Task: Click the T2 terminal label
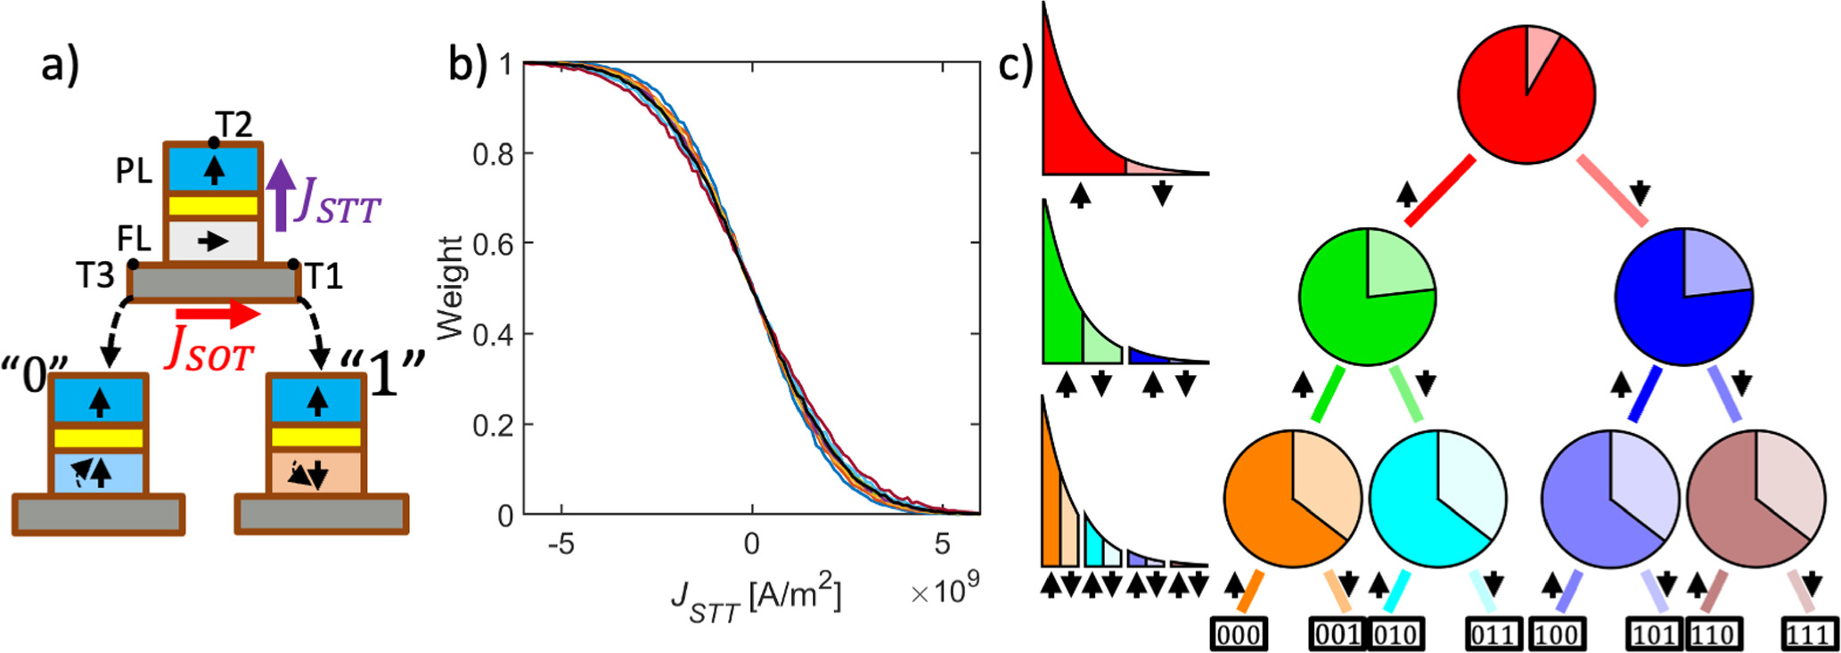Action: click(235, 125)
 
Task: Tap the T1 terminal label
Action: click(323, 277)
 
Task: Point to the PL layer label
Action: click(134, 171)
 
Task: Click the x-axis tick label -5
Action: click(560, 543)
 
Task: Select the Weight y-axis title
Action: click(453, 288)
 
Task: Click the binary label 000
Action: click(1239, 634)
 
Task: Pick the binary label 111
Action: click(1809, 634)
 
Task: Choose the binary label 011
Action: click(1493, 634)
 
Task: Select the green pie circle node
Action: click(1367, 297)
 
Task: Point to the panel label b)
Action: click(467, 64)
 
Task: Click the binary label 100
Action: click(1557, 634)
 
